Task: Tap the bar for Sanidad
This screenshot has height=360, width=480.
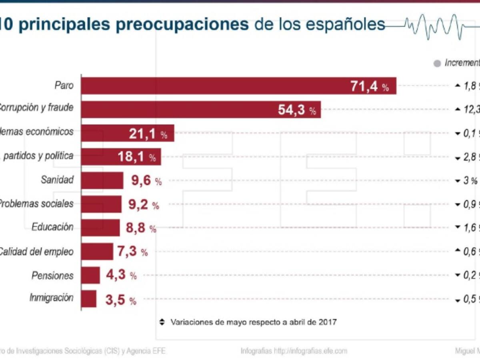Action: [102, 180]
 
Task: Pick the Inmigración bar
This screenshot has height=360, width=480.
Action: [89, 299]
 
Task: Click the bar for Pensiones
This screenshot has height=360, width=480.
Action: [90, 275]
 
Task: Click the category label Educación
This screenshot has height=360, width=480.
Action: [52, 227]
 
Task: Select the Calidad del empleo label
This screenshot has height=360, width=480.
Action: [36, 252]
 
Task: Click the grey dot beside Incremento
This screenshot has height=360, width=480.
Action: [437, 63]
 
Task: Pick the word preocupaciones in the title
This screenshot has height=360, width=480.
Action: [182, 24]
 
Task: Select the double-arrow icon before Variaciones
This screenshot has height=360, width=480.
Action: [162, 322]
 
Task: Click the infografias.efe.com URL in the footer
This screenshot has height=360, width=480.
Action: [310, 351]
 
